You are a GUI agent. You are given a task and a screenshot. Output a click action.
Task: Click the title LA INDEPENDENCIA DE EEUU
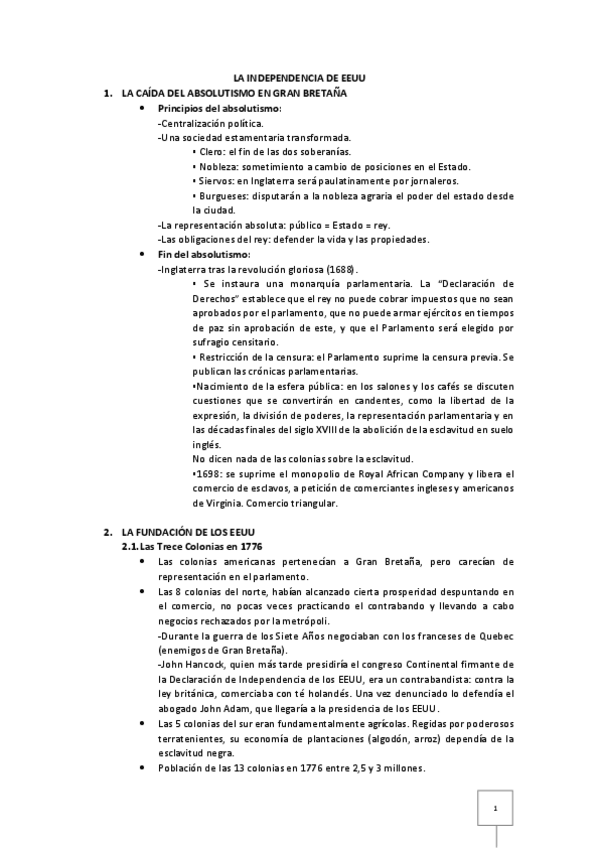300,77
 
